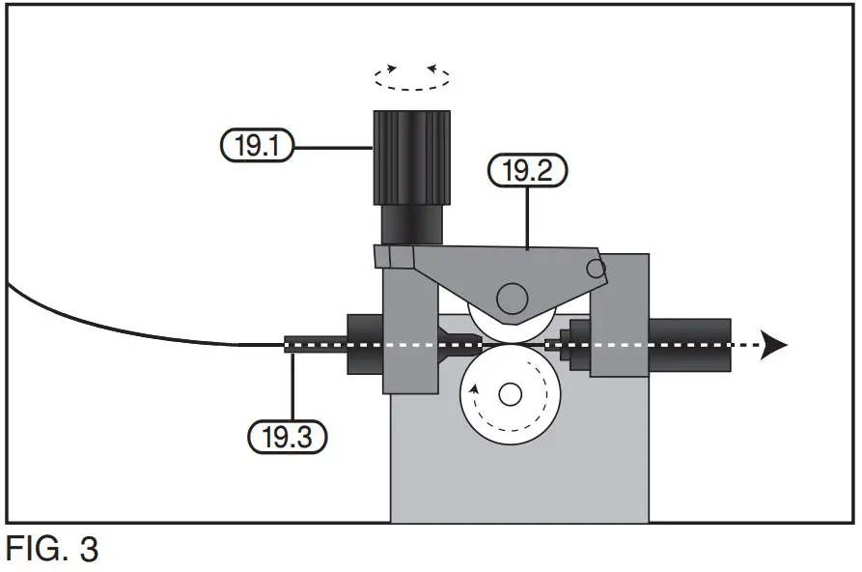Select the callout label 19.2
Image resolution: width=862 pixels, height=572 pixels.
click(x=527, y=172)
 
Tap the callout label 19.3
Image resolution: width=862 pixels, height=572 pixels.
click(x=288, y=437)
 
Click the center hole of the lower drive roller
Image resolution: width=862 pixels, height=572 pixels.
click(x=511, y=394)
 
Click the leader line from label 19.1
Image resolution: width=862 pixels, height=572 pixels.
click(x=333, y=147)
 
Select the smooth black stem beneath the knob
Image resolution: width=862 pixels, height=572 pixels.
click(x=411, y=224)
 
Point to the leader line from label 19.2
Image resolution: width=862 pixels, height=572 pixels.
click(x=527, y=217)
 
